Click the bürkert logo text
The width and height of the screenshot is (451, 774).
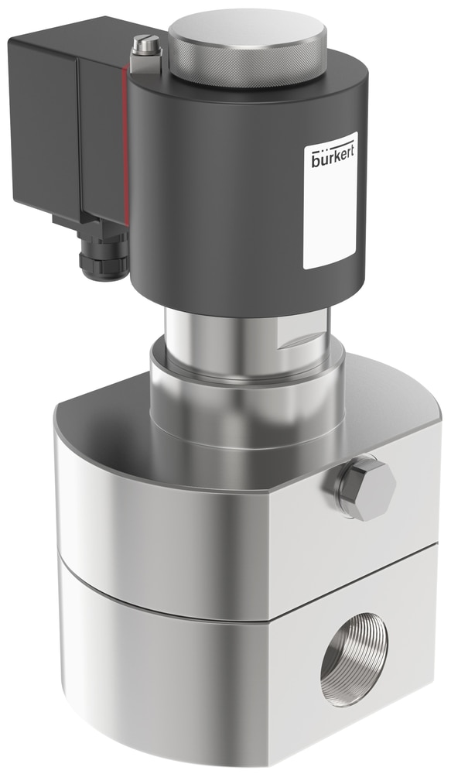tap(333, 157)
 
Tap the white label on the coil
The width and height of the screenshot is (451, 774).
tap(330, 200)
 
